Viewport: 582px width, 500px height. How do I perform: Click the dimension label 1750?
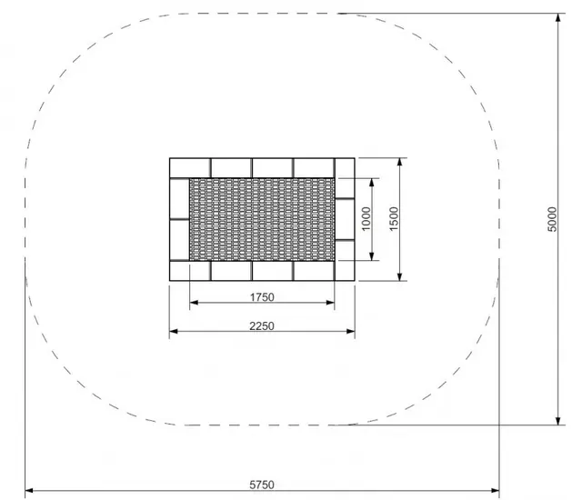261,297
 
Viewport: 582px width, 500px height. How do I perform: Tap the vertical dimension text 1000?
366,219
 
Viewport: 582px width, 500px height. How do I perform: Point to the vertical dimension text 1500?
393,219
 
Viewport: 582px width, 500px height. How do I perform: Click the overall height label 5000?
552,219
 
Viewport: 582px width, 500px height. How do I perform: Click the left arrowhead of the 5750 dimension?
29,491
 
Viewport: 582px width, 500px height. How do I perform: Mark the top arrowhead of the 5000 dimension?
558,18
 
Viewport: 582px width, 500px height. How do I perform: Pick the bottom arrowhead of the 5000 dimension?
558,419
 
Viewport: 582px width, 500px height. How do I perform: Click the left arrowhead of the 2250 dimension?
175,332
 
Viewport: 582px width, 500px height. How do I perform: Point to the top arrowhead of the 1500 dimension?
399,164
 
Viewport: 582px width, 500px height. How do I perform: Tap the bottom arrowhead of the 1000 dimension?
372,255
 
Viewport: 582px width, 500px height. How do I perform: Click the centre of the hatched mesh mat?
262,219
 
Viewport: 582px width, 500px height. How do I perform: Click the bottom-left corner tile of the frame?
190,271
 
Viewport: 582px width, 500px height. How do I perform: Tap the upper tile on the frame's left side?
179,199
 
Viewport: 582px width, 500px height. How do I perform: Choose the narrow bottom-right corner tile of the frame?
345,271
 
